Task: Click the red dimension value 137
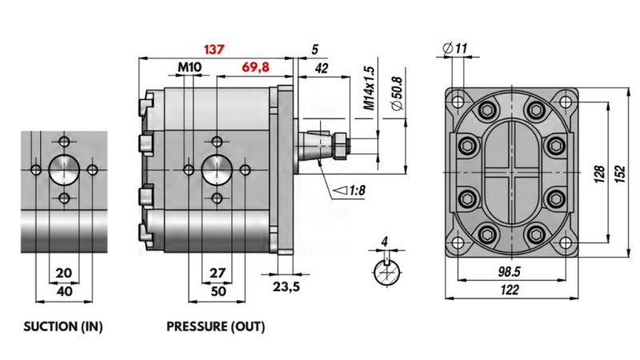coord(213,49)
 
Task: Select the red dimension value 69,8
coord(256,68)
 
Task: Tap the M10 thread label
coord(190,68)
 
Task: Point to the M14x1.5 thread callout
coord(369,88)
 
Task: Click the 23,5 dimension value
coord(286,286)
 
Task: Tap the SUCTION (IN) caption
coord(63,327)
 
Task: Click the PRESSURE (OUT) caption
coord(215,327)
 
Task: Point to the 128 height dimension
coord(598,174)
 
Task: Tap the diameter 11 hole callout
coord(454,50)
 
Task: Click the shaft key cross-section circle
coord(386,272)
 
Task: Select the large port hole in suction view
coord(64,170)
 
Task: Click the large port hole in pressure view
coord(216,169)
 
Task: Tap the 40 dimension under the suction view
coord(65,292)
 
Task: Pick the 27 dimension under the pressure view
coord(216,273)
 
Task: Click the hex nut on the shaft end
coord(340,146)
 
